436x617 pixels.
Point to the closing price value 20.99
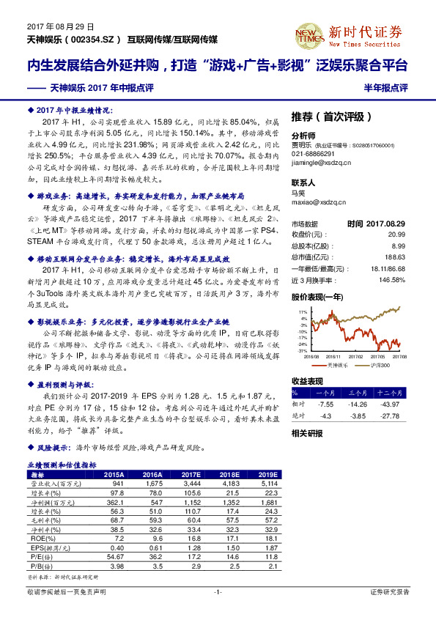click(x=398, y=233)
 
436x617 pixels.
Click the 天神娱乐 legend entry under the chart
click(x=335, y=364)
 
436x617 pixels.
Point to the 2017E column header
click(x=191, y=474)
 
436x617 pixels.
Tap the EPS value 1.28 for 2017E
click(x=192, y=547)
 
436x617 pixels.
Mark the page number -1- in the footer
click(x=218, y=591)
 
